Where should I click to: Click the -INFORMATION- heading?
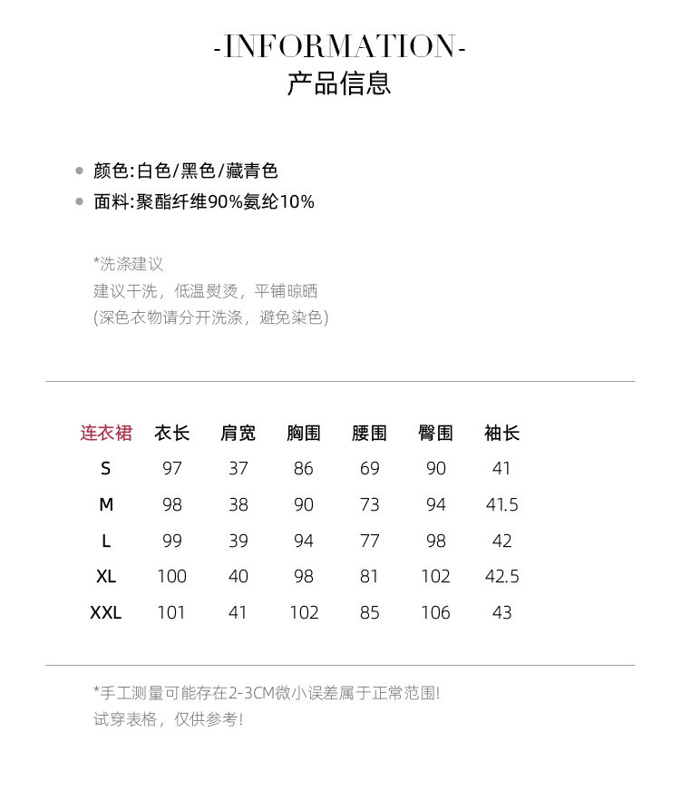(x=340, y=46)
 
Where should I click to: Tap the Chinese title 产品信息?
(x=339, y=83)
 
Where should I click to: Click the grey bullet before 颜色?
(x=80, y=171)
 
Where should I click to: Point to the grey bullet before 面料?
(x=80, y=201)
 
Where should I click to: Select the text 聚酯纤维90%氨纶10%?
(x=225, y=201)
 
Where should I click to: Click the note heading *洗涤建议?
(x=128, y=264)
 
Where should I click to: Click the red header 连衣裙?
(x=106, y=434)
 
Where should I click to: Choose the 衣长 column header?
(x=171, y=434)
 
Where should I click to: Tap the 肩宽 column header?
(x=238, y=434)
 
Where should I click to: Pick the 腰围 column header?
(x=369, y=434)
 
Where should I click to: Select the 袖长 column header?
(x=501, y=434)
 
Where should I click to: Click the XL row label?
(x=106, y=577)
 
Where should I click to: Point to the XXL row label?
(x=106, y=613)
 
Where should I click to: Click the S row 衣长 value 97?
(x=171, y=469)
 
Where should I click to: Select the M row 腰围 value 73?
(x=369, y=505)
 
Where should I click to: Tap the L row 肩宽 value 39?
(x=238, y=542)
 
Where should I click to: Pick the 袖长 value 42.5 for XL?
(x=501, y=577)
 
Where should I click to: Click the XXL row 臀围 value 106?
(x=435, y=613)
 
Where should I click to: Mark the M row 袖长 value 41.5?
(x=501, y=505)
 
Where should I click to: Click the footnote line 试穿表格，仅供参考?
(x=169, y=719)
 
